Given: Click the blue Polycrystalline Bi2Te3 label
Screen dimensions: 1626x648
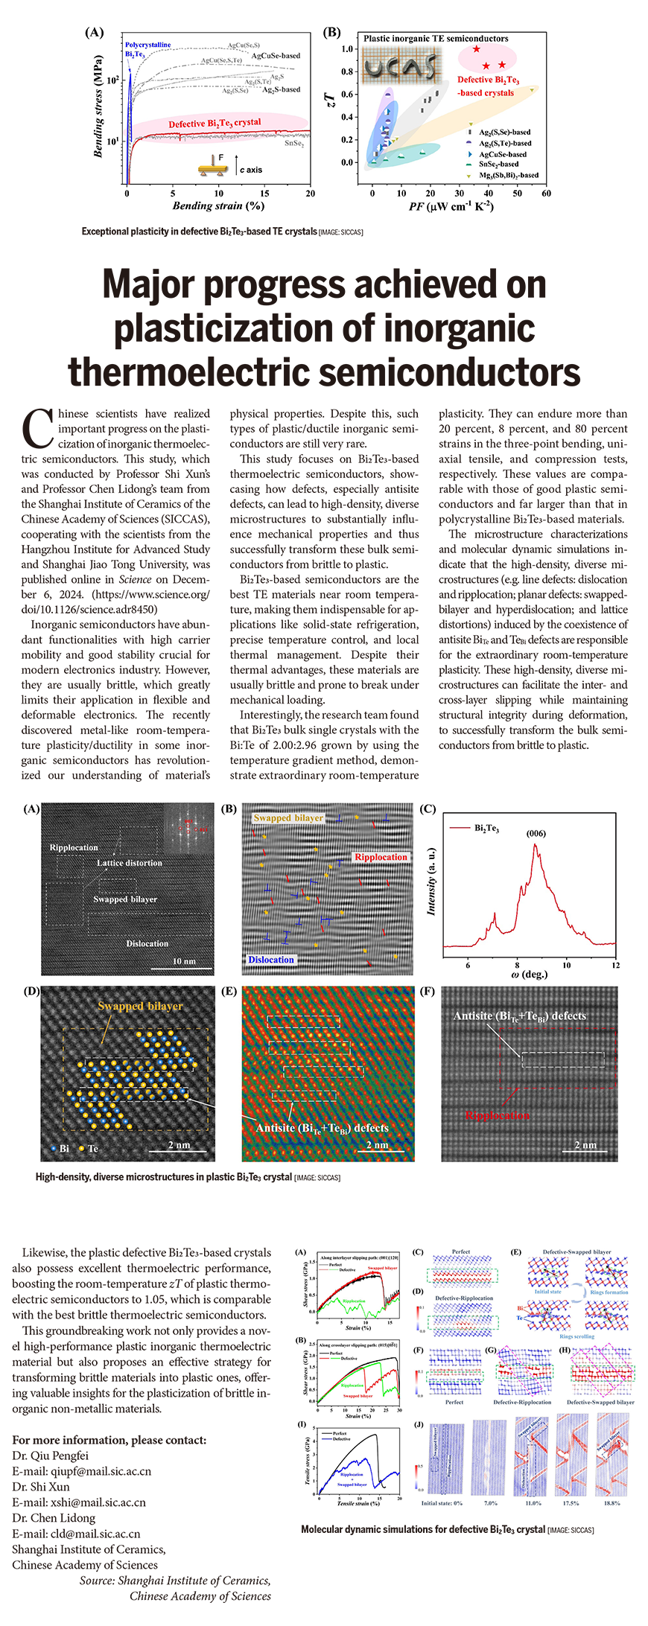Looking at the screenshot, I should [147, 49].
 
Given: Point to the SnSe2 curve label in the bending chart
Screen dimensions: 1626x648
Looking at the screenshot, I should [293, 143].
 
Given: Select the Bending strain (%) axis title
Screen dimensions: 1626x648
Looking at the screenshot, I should [218, 205].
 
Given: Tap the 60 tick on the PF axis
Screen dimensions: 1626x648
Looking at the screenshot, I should [546, 194].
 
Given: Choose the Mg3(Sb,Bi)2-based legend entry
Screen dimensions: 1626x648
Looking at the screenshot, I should [508, 175].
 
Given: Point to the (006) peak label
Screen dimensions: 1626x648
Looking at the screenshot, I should [536, 833].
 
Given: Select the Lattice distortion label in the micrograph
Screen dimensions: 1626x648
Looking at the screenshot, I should [129, 863].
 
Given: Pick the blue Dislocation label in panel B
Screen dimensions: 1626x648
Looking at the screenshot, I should [271, 960].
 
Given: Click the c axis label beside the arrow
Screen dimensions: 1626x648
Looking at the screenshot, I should [251, 170].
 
